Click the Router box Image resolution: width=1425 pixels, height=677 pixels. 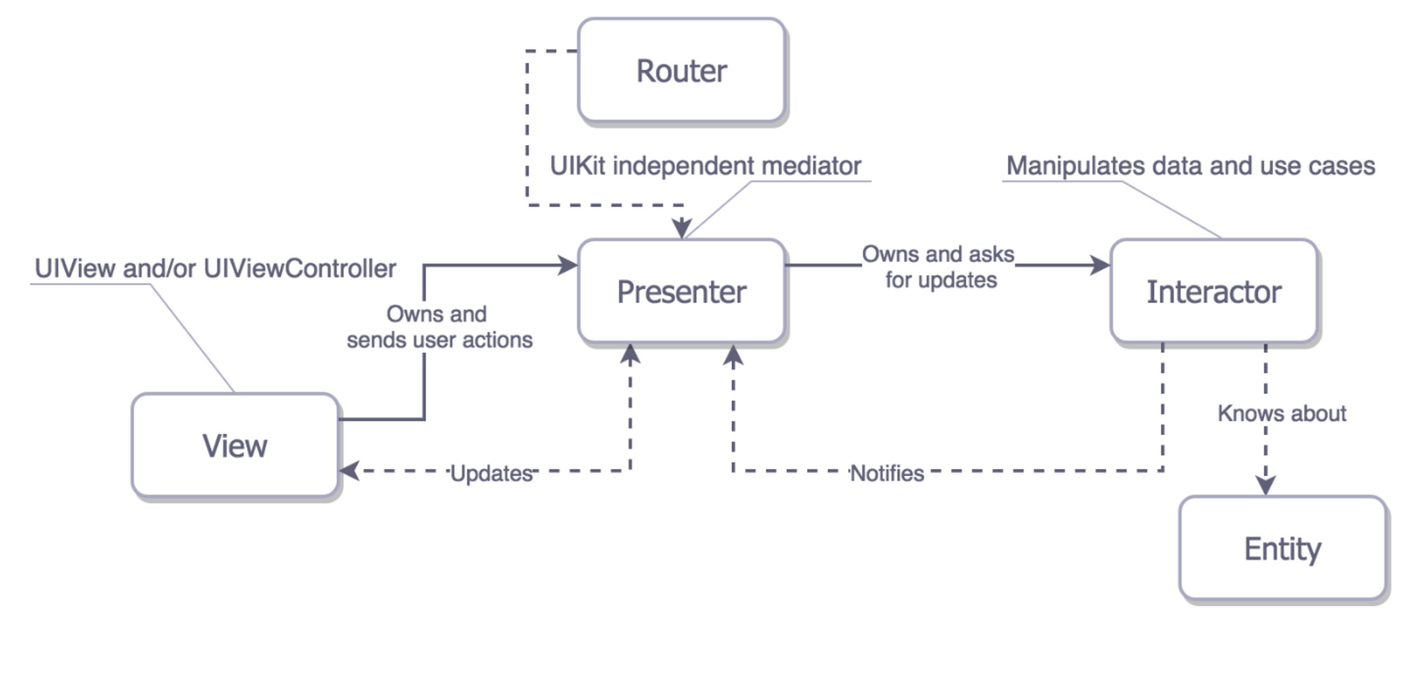(x=681, y=71)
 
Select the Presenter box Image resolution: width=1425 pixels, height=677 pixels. (x=681, y=291)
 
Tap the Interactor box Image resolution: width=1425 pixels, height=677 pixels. (x=1213, y=291)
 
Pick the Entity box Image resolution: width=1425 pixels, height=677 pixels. (x=1282, y=548)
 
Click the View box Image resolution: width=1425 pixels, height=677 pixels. (x=234, y=445)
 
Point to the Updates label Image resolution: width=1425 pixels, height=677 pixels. (x=491, y=473)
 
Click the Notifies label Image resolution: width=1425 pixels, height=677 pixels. (x=887, y=473)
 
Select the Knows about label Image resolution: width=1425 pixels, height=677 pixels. (x=1281, y=413)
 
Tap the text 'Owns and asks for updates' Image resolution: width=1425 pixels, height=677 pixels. (x=939, y=266)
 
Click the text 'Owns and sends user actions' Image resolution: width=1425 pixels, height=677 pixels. (x=439, y=327)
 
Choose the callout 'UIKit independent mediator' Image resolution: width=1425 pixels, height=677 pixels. (x=705, y=166)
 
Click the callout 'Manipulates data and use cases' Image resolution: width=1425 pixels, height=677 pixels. (x=1190, y=166)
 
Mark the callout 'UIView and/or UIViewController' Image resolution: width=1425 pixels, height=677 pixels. (x=215, y=268)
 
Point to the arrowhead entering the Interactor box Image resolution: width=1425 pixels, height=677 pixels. (x=1100, y=265)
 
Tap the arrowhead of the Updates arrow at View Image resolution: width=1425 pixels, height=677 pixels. (x=350, y=470)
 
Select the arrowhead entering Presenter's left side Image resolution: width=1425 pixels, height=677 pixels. (x=567, y=265)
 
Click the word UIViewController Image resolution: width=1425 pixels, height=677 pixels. (x=299, y=268)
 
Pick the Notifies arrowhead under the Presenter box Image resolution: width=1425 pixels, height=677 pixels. (x=733, y=356)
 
